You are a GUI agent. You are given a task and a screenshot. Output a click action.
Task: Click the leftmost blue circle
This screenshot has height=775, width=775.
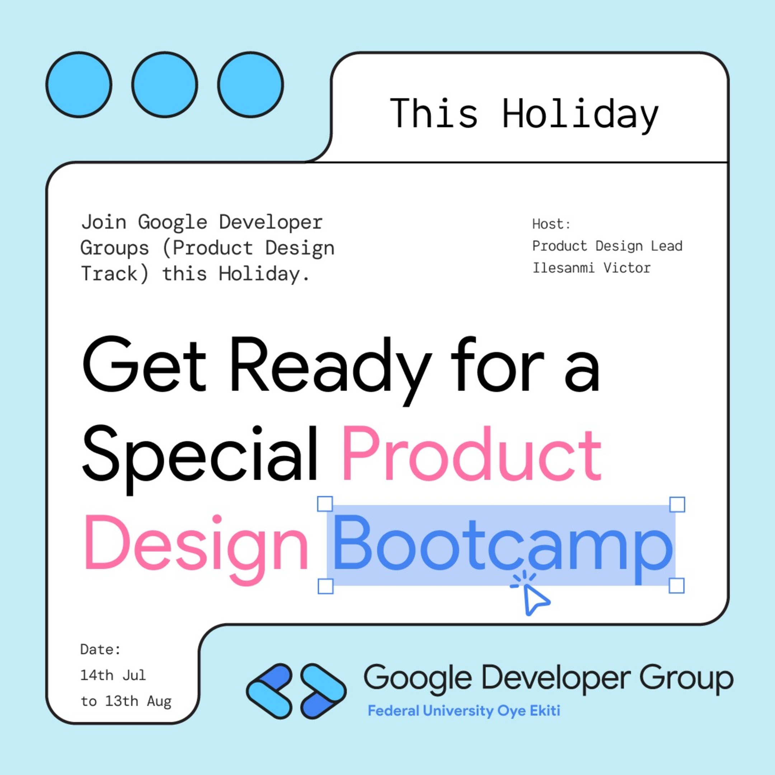tap(79, 85)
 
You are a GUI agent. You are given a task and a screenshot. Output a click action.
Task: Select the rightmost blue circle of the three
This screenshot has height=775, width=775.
tap(250, 85)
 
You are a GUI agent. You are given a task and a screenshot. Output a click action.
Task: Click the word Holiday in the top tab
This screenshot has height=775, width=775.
tap(580, 114)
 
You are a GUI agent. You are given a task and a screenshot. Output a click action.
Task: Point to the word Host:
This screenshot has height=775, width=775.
tap(551, 224)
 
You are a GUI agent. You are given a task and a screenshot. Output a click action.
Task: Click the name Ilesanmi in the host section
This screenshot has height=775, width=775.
tap(563, 268)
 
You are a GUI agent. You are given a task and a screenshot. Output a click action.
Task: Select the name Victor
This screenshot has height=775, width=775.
tap(626, 268)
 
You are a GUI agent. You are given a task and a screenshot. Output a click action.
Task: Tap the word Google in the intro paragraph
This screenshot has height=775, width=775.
tap(173, 222)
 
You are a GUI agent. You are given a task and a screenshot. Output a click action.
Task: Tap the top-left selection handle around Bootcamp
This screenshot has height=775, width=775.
tap(325, 504)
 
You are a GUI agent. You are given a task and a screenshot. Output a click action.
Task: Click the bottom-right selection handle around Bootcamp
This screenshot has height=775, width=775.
tap(677, 586)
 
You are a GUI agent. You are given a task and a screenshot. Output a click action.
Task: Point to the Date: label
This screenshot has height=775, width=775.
tap(100, 649)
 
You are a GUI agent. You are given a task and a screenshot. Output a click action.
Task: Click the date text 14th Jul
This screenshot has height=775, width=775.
tap(113, 675)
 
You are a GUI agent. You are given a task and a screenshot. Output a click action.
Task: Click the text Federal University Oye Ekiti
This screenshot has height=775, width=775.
tap(464, 711)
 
